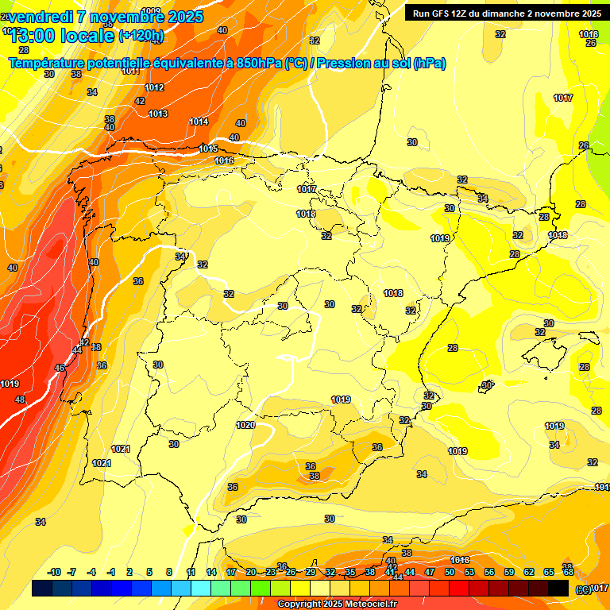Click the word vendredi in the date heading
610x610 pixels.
pyautogui.click(x=41, y=17)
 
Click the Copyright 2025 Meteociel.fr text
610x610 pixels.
pyautogui.click(x=338, y=604)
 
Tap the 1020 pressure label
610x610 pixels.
pyautogui.click(x=245, y=425)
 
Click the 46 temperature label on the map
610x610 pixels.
pyautogui.click(x=60, y=368)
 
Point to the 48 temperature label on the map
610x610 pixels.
pyautogui.click(x=20, y=400)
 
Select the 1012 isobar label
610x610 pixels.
pyautogui.click(x=154, y=87)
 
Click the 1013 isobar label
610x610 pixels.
pyautogui.click(x=158, y=114)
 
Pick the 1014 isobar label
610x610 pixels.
pyautogui.click(x=199, y=122)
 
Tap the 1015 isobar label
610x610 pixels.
pyautogui.click(x=208, y=149)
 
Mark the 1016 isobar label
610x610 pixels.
pyautogui.click(x=224, y=160)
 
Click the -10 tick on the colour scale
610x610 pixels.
pyautogui.click(x=54, y=572)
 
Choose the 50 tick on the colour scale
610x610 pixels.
pyautogui.click(x=450, y=572)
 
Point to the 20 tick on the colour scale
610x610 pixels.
pyautogui.click(x=251, y=572)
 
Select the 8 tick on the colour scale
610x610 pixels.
pyautogui.click(x=169, y=572)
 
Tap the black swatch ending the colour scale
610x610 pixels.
pyautogui.click(x=559, y=588)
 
